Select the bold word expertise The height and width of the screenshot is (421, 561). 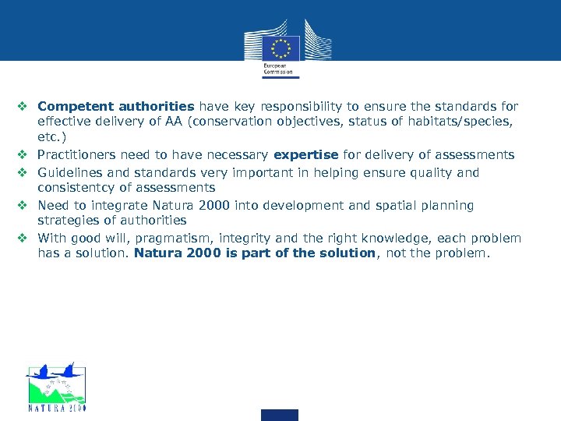(305, 155)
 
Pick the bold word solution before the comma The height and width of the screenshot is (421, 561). (347, 253)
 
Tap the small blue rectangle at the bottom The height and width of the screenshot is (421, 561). (280, 415)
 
